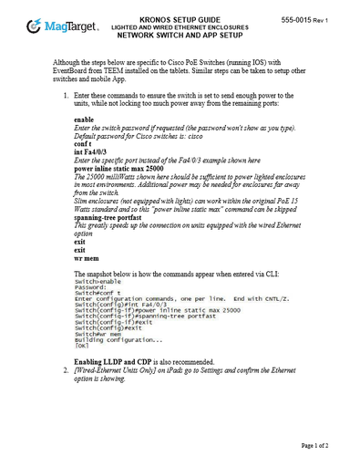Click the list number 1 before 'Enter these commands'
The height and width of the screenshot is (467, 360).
click(65, 94)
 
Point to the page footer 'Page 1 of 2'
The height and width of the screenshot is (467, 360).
click(314, 444)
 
